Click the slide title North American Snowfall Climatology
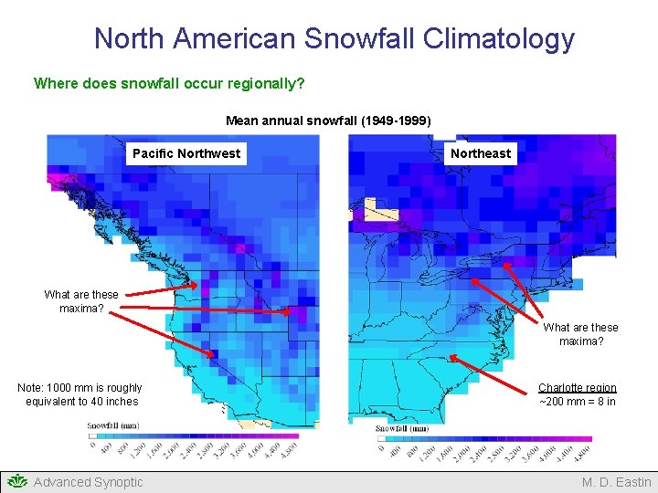[334, 38]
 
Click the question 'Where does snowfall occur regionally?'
[169, 83]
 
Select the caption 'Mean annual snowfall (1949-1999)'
[328, 121]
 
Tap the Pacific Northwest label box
[186, 153]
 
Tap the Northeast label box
[481, 153]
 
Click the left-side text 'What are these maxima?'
[81, 301]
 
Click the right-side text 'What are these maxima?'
[580, 334]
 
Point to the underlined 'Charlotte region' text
[578, 388]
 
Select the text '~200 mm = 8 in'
[578, 402]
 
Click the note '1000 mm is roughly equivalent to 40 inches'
[80, 394]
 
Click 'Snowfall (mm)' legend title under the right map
[403, 428]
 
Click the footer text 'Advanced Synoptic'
[88, 482]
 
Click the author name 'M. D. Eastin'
[617, 482]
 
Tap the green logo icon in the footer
[16, 482]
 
